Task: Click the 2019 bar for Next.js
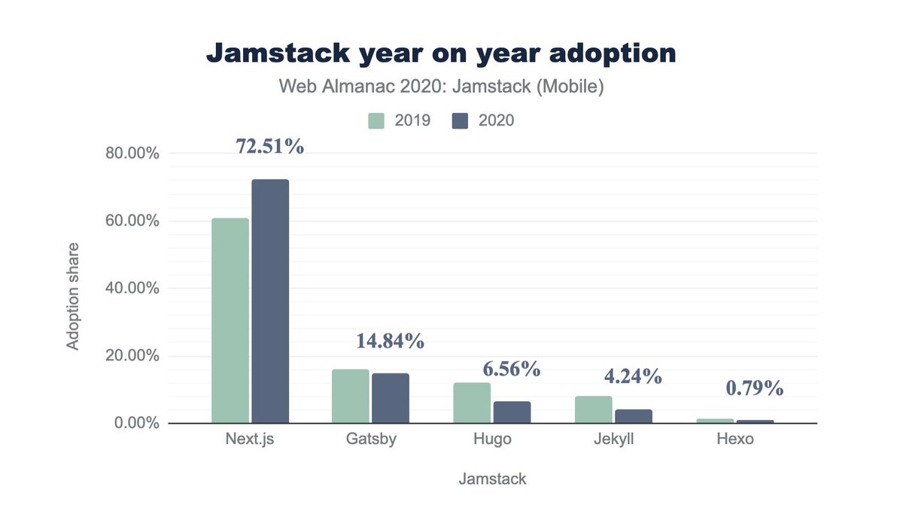pos(230,321)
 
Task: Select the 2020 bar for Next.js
pos(270,301)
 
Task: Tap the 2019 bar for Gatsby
pos(351,396)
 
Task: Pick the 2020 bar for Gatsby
pos(390,398)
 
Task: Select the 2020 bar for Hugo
pos(512,412)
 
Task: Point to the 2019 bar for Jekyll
pos(593,409)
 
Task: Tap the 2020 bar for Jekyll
pos(633,416)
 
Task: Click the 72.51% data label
pos(270,147)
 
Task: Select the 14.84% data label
pos(391,340)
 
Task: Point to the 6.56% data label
pos(511,369)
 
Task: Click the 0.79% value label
pos(754,389)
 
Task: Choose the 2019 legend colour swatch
pos(376,120)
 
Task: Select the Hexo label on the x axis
pos(735,440)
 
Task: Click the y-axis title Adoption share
pos(73,295)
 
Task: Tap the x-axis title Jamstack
pos(492,479)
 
